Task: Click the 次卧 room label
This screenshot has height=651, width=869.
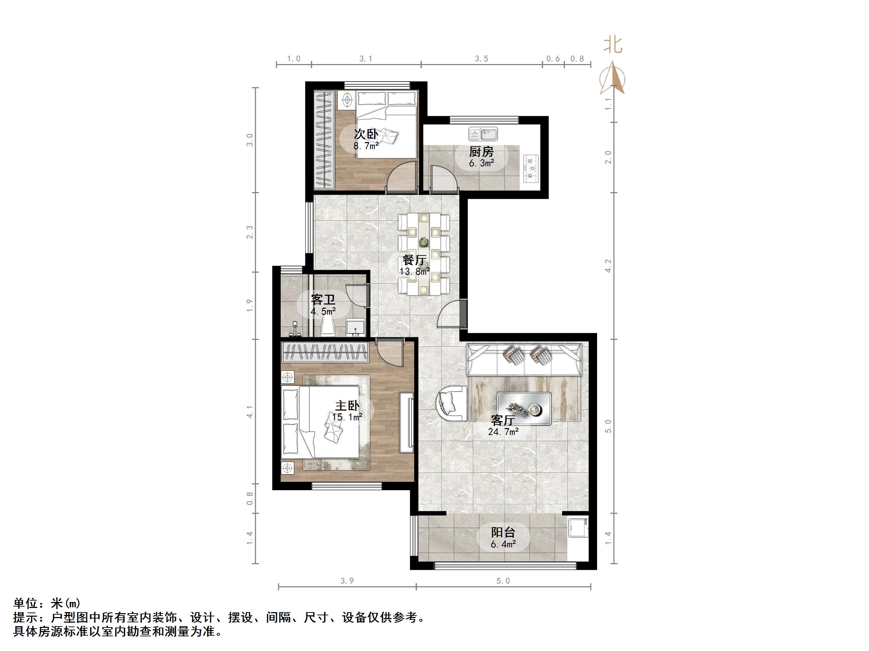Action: tap(366, 134)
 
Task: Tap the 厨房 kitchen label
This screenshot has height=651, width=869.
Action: tap(481, 152)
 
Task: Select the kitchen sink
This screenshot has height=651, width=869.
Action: tap(483, 134)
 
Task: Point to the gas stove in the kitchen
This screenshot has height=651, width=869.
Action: tap(531, 168)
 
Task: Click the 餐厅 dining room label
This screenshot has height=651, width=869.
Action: tap(415, 260)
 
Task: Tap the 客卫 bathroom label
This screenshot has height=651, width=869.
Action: tap(323, 300)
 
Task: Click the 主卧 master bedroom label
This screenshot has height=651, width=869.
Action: tap(347, 406)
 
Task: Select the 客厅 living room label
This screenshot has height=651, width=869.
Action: tap(503, 421)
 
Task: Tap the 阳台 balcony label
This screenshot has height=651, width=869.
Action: tap(503, 532)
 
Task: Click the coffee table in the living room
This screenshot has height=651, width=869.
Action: tap(524, 408)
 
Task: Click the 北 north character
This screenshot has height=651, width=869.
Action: tap(613, 45)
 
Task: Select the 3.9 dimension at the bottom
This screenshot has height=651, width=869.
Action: tap(347, 581)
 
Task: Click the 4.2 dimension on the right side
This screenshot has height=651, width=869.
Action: tap(608, 266)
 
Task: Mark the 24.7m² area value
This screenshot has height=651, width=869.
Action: tap(503, 432)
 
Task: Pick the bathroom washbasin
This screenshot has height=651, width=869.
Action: tap(356, 327)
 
